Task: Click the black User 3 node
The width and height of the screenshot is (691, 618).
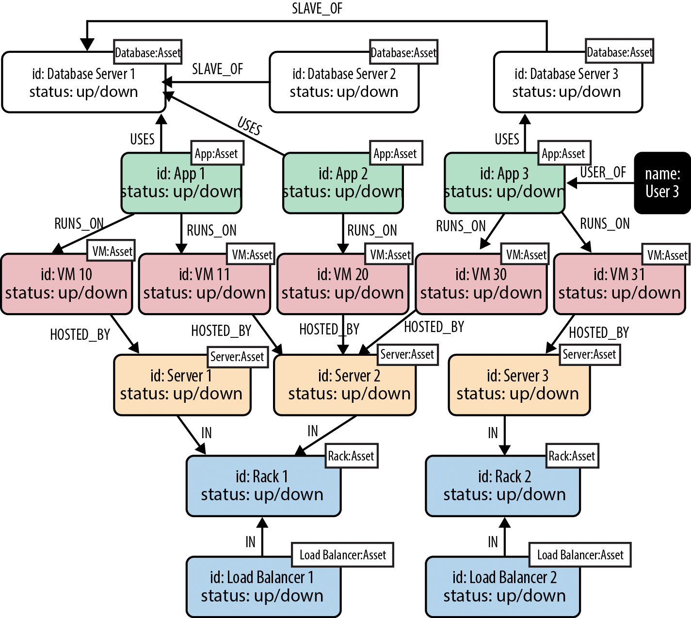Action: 662,183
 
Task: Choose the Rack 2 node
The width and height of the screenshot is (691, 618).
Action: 503,486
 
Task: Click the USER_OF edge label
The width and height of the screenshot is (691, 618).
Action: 603,172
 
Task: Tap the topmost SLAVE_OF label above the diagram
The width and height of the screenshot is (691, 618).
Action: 317,8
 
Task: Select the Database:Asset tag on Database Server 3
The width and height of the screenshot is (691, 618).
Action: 619,51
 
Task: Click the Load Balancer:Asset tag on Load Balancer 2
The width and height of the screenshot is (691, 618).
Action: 580,555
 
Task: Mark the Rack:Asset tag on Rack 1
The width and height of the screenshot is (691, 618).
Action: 351,456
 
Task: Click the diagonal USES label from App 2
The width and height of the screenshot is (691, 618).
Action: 249,126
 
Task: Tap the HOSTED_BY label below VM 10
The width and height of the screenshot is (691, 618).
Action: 80,334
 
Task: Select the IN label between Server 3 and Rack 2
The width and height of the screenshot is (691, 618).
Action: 493,433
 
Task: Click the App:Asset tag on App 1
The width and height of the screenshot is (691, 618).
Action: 216,154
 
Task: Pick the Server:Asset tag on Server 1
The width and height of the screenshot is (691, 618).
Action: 237,357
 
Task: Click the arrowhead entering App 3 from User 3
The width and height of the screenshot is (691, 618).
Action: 572,183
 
